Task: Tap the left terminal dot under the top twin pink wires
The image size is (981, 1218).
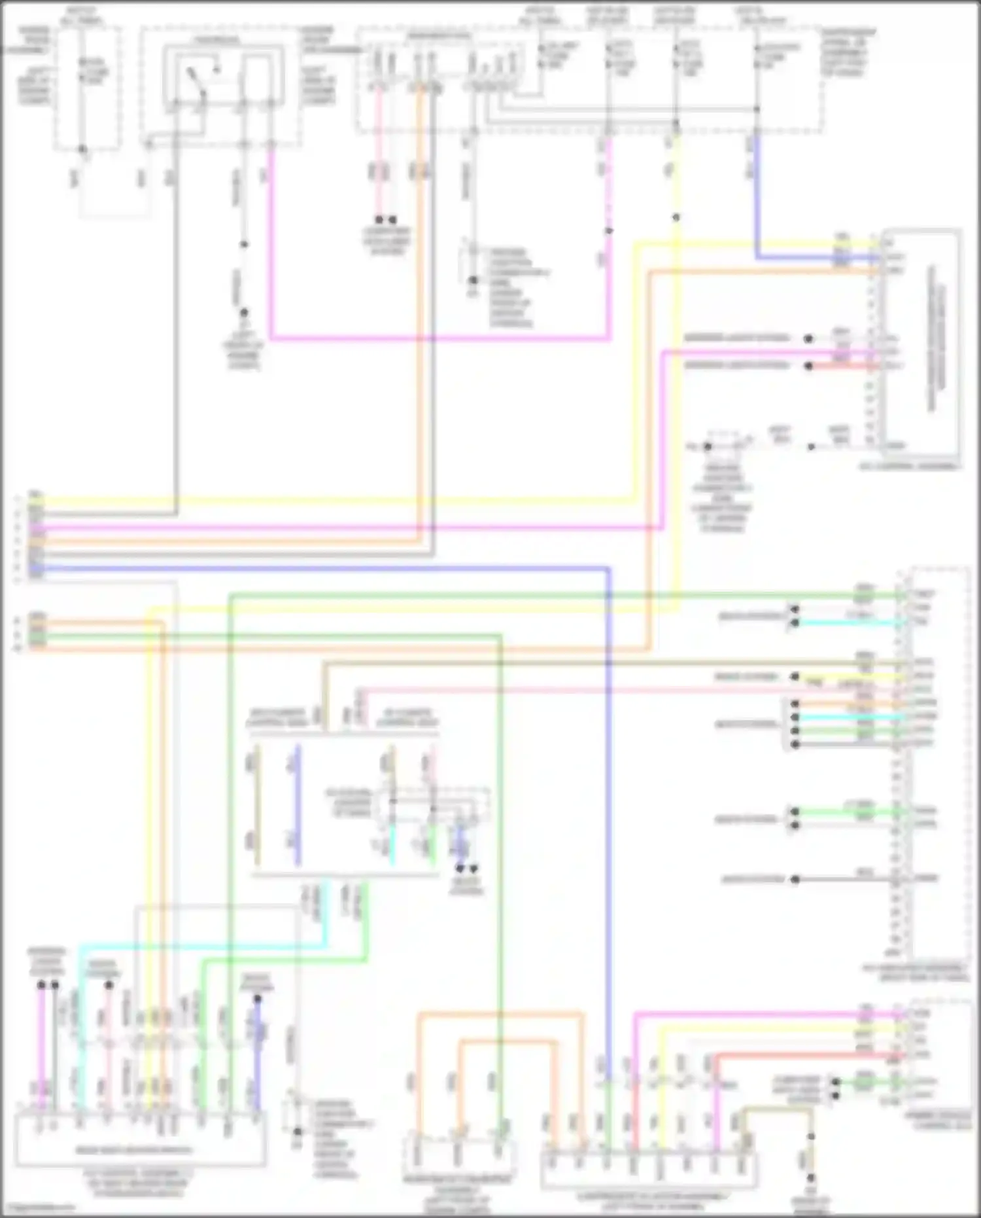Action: coord(379,220)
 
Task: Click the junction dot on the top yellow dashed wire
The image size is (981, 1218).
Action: coord(676,217)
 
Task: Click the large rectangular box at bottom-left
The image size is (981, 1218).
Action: coord(141,1139)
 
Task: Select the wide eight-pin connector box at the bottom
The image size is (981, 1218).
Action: coord(649,1170)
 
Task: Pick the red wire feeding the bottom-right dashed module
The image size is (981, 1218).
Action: coord(804,1055)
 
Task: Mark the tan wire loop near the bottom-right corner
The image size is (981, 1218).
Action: coord(778,1110)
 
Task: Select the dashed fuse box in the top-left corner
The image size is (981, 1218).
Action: coord(88,88)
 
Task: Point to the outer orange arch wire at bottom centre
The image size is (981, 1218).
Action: coord(500,1015)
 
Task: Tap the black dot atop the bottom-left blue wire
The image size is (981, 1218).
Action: coord(258,999)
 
